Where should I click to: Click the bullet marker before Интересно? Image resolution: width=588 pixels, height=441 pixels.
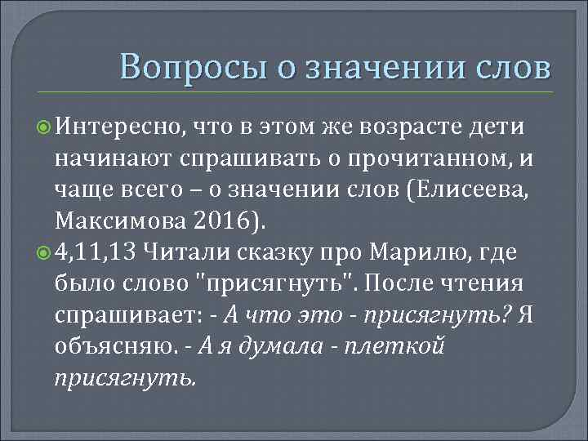click(44, 128)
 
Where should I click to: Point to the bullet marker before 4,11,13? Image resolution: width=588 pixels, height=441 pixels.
click(44, 251)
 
